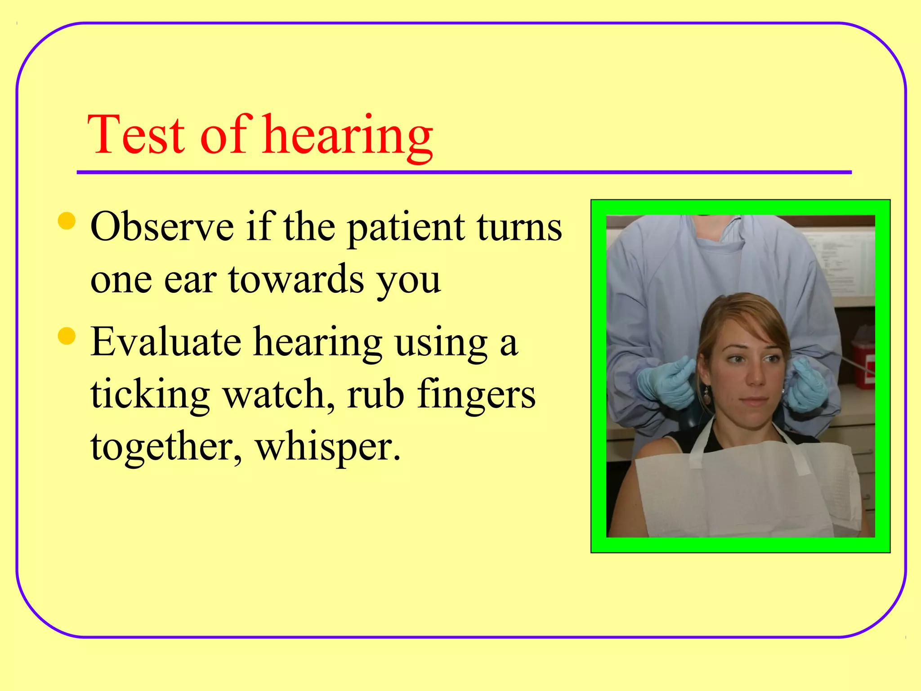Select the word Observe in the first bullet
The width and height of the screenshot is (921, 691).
click(x=162, y=227)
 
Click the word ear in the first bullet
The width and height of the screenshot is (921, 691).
click(x=190, y=280)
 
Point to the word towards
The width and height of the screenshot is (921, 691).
click(x=296, y=280)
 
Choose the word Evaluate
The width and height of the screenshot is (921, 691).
click(x=165, y=342)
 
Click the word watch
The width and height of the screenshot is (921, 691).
click(x=278, y=394)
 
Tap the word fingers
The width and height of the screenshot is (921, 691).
click(x=476, y=394)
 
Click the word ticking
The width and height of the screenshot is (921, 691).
click(x=150, y=394)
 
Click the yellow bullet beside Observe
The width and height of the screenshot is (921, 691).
click(x=67, y=221)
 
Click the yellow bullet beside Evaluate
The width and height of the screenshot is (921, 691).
click(x=67, y=336)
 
